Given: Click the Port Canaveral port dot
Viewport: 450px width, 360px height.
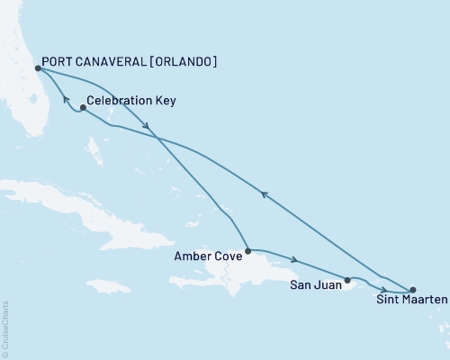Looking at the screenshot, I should (37, 67).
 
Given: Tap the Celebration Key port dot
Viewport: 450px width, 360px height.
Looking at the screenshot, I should (83, 108).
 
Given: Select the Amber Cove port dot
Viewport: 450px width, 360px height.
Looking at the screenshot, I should (247, 250).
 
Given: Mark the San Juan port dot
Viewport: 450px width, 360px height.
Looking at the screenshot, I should (347, 280).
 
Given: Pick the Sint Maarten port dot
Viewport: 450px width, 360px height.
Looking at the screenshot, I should (412, 290).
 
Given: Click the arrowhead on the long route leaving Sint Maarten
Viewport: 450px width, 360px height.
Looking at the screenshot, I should (263, 193).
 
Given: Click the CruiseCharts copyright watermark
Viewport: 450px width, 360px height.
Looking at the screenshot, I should (4, 328).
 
